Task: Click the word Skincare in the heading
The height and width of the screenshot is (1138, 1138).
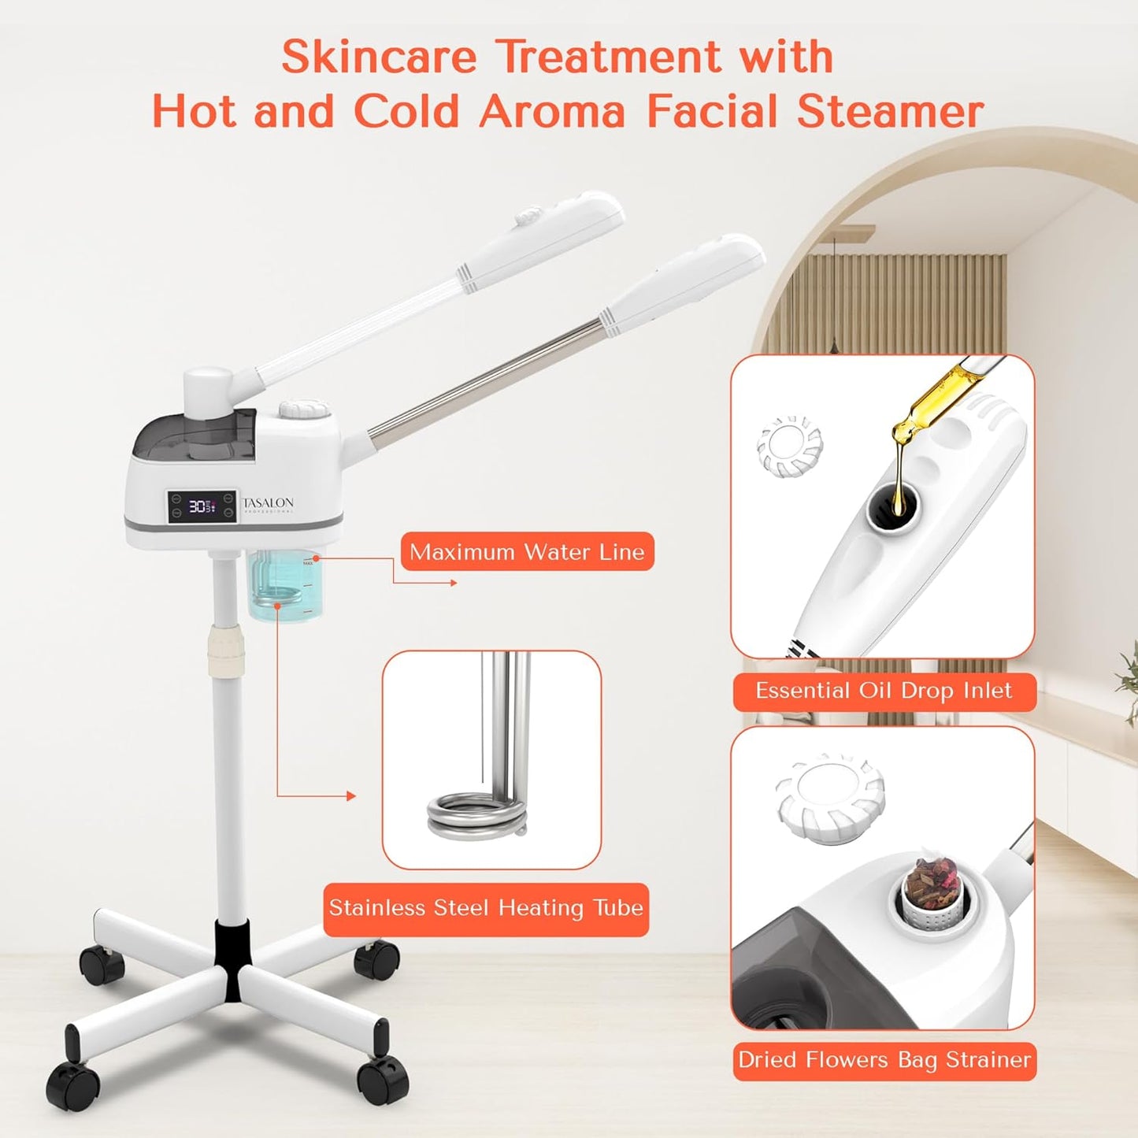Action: [x=379, y=57]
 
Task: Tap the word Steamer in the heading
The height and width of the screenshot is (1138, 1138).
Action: [x=890, y=111]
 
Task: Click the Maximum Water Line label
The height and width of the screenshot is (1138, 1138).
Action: [x=527, y=552]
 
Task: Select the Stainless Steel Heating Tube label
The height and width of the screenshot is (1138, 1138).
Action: [x=486, y=909]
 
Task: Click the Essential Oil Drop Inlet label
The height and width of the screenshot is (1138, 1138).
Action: [x=884, y=691]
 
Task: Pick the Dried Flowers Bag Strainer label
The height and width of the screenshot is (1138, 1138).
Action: [x=884, y=1061]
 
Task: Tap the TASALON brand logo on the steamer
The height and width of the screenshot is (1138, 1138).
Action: [x=269, y=503]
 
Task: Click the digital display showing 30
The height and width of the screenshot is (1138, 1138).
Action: [x=202, y=506]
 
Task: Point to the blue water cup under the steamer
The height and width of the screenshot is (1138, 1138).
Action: [x=284, y=587]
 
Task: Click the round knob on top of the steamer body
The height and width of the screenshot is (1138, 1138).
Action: [x=304, y=409]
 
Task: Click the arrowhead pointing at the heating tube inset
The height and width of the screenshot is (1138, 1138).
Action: [x=351, y=796]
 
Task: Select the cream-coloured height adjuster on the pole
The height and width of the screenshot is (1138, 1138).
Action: [x=226, y=652]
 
